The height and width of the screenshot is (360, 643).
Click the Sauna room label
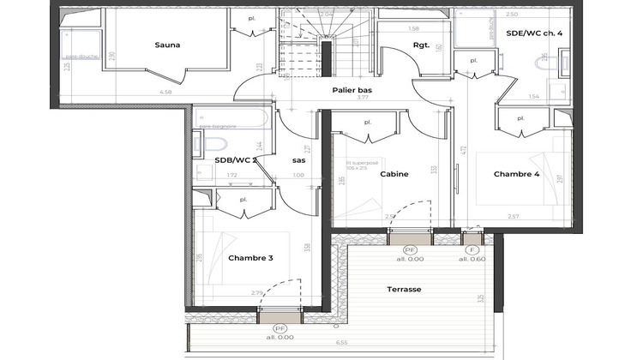coord(167,45)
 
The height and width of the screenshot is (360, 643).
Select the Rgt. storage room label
coord(421,45)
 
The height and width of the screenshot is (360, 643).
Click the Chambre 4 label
coord(517,174)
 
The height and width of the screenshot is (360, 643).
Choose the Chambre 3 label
coord(250,257)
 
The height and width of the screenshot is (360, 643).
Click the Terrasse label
coord(404,290)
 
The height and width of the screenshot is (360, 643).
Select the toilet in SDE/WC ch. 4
coord(544,59)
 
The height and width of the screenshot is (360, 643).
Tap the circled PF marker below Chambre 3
coord(279,329)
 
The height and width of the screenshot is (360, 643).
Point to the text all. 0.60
coord(472,259)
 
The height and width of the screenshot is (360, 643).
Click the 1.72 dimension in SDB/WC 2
coord(231,175)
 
